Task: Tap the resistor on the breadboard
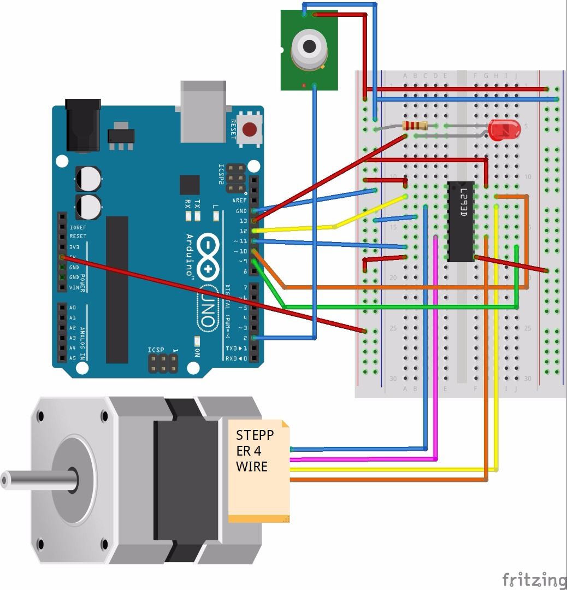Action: pos(415,126)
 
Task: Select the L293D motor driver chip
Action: pos(460,221)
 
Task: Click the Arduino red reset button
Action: pos(250,130)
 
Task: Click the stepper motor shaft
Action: pos(38,480)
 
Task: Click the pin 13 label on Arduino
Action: pos(243,221)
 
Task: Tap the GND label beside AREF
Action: pos(241,211)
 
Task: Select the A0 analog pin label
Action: pos(73,308)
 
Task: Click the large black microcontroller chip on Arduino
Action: pos(117,290)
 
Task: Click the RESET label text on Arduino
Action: pos(232,130)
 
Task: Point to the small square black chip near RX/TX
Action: pos(190,185)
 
